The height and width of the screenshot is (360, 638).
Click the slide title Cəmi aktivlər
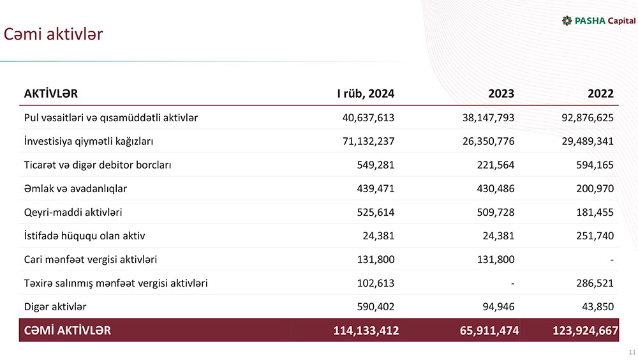(53, 34)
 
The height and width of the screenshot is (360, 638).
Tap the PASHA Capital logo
(598, 21)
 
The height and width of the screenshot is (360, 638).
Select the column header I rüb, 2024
(366, 94)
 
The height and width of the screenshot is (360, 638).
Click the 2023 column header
(501, 94)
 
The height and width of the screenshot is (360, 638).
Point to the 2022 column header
(600, 94)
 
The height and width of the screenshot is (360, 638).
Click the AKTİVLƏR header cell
(51, 94)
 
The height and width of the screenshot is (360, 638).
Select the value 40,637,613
(368, 117)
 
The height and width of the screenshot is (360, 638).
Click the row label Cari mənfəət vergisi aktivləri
(91, 259)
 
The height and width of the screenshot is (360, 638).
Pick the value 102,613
(375, 283)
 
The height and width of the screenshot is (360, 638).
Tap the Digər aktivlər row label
(56, 306)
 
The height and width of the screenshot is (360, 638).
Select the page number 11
(632, 352)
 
